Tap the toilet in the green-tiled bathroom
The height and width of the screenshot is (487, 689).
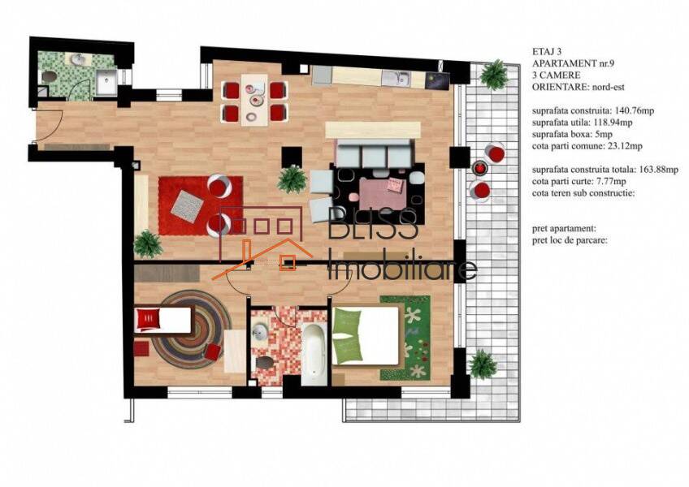click(50, 77)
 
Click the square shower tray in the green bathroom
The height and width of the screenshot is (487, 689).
click(106, 82)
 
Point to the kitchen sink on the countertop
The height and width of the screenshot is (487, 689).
click(396, 79)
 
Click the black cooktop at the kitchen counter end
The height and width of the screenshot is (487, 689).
click(437, 80)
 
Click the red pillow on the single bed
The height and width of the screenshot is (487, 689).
click(148, 319)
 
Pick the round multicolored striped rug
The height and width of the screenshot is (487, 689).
click(192, 330)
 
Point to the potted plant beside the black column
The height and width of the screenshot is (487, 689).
click(292, 179)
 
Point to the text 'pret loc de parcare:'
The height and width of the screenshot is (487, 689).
click(570, 240)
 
